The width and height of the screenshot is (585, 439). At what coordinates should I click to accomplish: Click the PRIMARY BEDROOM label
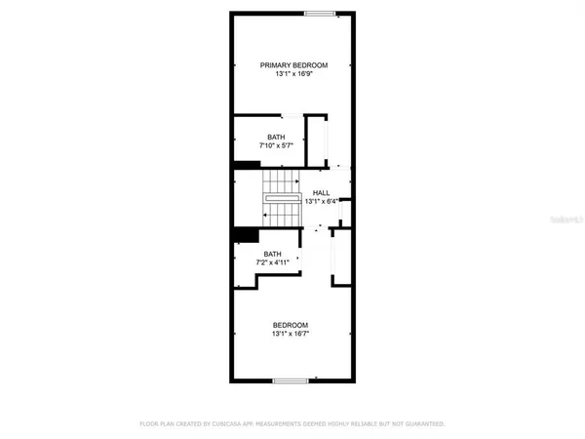click(293, 65)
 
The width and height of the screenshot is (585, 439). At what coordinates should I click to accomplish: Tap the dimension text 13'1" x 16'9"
click(293, 74)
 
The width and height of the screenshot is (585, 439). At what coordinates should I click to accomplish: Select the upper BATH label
click(276, 138)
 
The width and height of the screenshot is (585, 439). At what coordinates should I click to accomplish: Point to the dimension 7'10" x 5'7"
click(276, 146)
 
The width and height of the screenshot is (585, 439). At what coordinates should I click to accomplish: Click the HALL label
click(321, 193)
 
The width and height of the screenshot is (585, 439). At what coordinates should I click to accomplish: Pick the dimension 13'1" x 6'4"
click(321, 202)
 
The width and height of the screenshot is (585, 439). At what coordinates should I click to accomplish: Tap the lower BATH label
click(271, 254)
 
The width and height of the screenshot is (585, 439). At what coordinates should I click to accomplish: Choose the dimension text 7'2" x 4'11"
click(271, 262)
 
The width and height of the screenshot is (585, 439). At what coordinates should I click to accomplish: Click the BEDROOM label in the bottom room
click(290, 325)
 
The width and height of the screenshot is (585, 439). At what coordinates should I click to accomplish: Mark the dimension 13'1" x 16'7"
click(290, 334)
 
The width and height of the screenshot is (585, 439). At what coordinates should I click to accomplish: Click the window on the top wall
click(319, 13)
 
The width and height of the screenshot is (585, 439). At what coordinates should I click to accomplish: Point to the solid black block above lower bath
click(246, 235)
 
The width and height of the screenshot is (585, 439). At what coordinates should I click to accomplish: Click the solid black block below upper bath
click(245, 165)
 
